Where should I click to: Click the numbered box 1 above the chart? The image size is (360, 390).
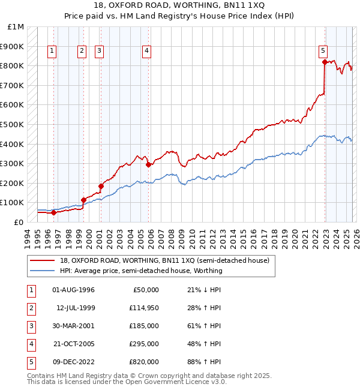53,52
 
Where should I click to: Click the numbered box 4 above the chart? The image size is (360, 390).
146,52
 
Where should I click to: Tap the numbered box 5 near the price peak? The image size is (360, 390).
323,52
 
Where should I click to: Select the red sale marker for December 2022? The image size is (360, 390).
325,62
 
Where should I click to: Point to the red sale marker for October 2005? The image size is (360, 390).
148,164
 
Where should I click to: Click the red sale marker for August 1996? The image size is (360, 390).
54,212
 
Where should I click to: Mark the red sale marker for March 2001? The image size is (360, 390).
101,186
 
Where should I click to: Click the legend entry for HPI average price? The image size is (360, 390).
141,271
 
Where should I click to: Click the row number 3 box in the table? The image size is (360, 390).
30,326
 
